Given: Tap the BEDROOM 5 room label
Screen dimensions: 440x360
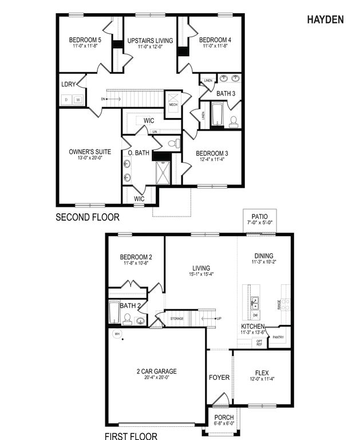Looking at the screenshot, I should pos(85,40).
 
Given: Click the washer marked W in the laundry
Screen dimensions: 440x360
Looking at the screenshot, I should pos(78,100).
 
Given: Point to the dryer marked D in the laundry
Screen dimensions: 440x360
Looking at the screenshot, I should pos(66,100).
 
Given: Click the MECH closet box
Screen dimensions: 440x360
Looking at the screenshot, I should pos(173,104).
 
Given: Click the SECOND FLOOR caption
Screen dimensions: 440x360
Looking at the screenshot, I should pos(88,217).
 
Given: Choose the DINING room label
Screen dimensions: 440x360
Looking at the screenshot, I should pos(264,256).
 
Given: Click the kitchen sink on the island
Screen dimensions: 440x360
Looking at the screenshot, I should pos(255,302).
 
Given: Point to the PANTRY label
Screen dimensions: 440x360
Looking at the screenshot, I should pos(279,337).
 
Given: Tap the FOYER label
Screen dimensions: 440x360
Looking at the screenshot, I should pos(219,378).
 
